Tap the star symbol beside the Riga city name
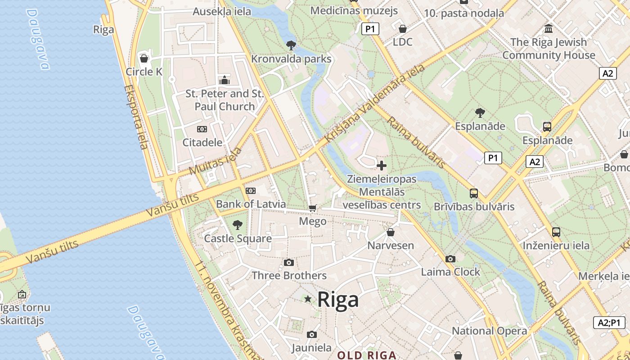click(308, 299)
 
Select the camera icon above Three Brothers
click(289, 262)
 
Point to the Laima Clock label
click(450, 272)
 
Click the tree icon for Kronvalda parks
click(291, 45)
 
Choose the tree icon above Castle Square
click(238, 225)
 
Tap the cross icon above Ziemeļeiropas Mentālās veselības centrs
click(382, 165)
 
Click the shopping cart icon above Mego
click(313, 208)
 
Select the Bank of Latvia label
click(251, 204)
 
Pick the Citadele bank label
click(202, 143)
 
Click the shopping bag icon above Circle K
click(144, 58)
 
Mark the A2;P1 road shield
click(609, 322)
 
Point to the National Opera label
click(489, 331)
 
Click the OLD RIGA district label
click(367, 355)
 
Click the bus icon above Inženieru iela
click(556, 232)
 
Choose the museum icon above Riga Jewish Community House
click(549, 29)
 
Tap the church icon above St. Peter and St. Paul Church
click(225, 81)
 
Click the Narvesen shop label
click(391, 245)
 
